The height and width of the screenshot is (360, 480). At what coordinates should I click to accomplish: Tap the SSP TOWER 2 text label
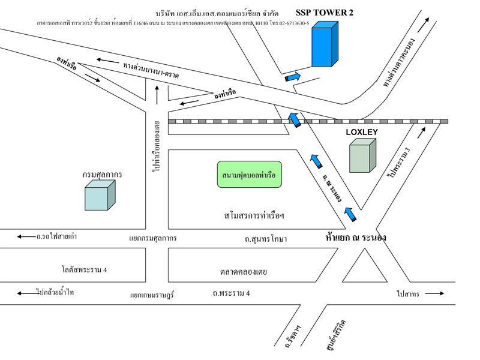click(325, 12)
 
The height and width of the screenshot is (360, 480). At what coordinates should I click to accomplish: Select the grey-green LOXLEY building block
click(363, 155)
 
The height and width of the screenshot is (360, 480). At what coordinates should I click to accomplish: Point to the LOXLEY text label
click(362, 131)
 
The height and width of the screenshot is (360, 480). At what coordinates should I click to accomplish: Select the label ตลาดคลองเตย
click(243, 272)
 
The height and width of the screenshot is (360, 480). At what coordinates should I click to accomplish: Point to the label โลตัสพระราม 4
click(83, 269)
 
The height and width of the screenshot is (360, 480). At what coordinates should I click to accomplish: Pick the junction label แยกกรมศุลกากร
click(152, 238)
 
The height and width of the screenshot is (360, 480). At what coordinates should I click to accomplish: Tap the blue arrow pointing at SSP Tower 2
click(293, 76)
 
